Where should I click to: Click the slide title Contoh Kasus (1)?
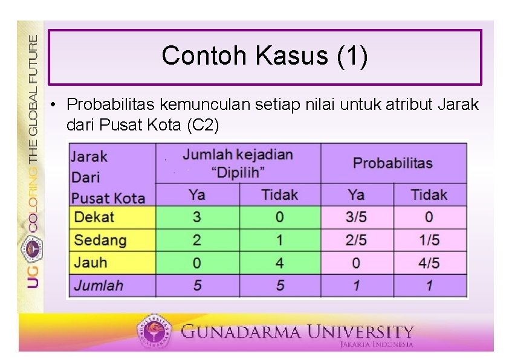tap(264, 56)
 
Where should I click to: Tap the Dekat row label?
tap(94, 217)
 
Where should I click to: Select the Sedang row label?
tap(100, 240)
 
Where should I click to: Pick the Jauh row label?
tap(91, 263)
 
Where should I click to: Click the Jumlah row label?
tap(99, 285)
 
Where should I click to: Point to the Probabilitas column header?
tap(393, 162)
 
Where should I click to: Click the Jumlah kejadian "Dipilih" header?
tap(238, 163)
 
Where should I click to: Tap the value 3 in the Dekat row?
tap(197, 217)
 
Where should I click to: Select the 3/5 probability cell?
tap(356, 217)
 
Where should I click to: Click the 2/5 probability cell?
tap(356, 240)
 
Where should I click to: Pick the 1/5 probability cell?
tap(429, 240)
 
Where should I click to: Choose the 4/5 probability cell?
tap(429, 263)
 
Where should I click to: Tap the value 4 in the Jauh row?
tap(279, 263)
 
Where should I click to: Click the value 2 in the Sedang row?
tap(197, 240)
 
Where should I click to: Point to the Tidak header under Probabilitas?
tap(429, 194)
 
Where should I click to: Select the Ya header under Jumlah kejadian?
tap(197, 194)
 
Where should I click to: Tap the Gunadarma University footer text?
tap(297, 332)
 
